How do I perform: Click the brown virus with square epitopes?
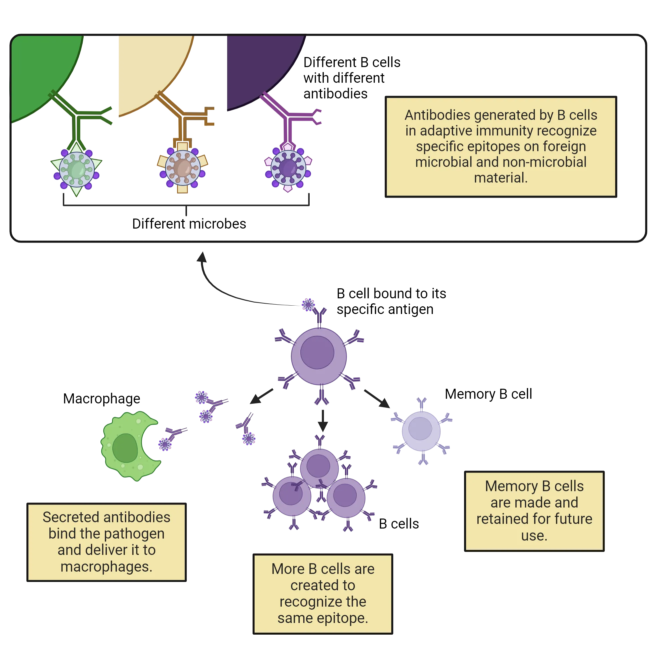183,168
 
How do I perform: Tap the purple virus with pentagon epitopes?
288,168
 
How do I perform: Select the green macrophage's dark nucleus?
125,448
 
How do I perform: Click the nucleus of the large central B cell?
317,352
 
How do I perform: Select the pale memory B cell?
421,430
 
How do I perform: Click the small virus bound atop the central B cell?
308,305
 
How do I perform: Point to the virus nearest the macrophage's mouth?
165,444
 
